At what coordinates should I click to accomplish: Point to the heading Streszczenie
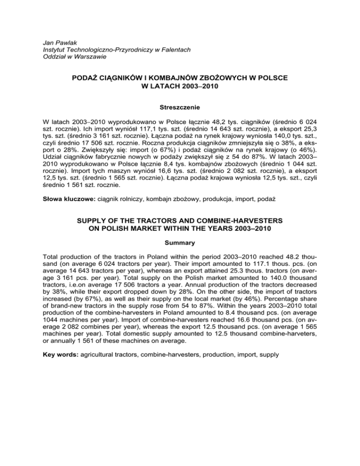pos(180,107)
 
